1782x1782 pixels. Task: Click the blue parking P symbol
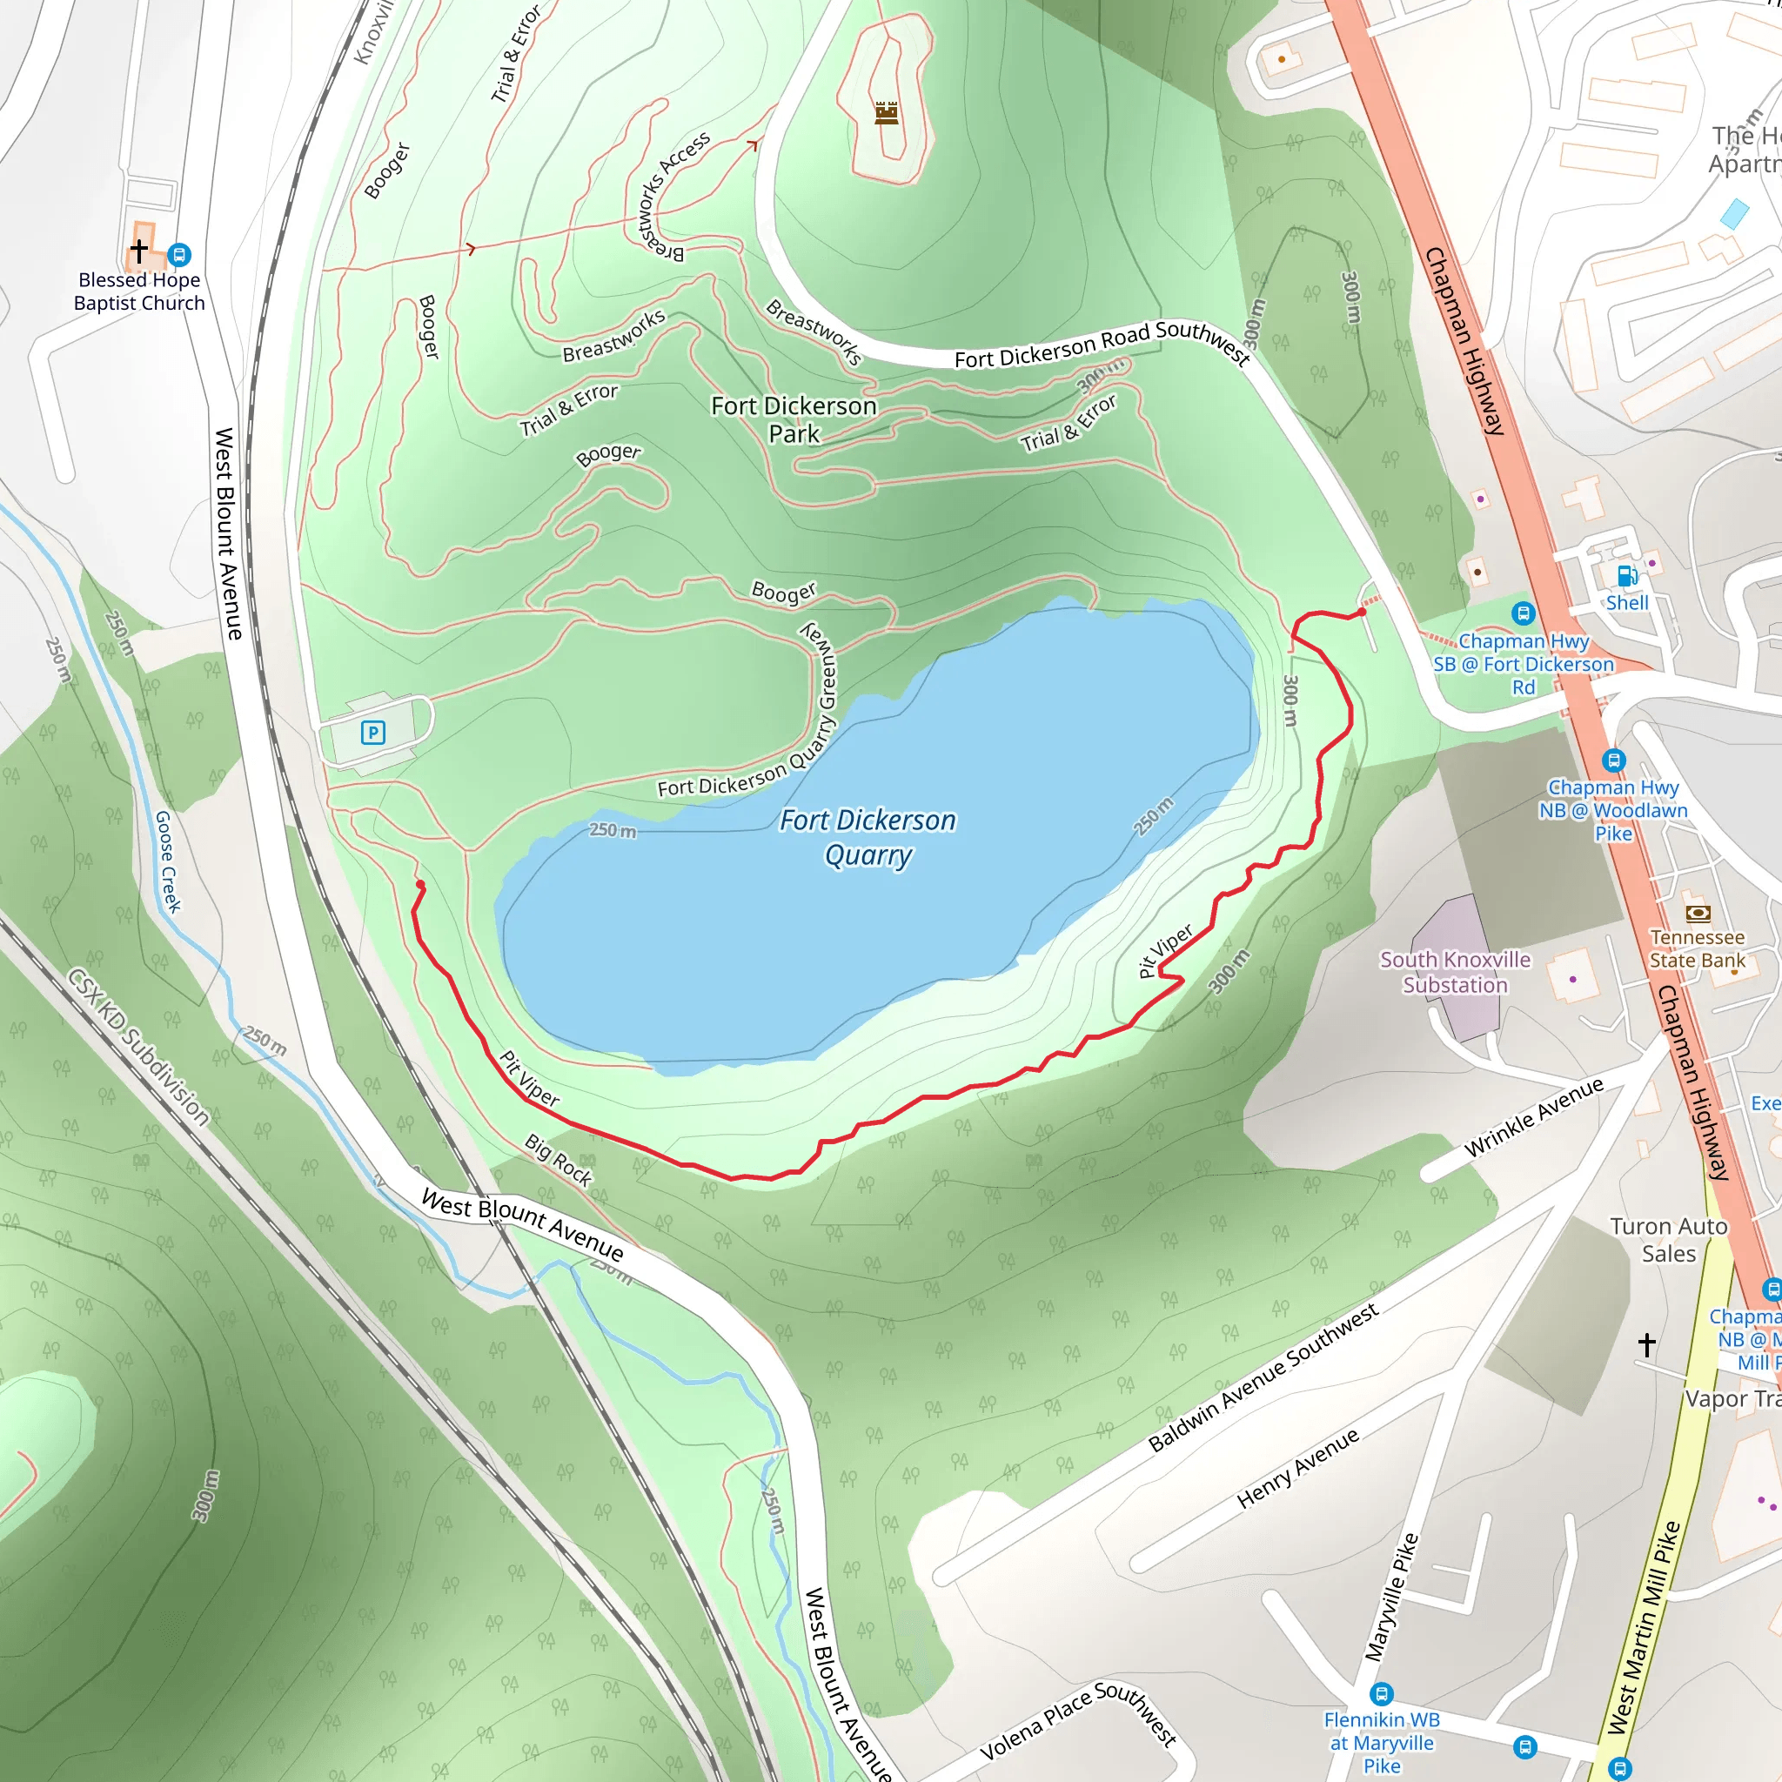pyautogui.click(x=372, y=733)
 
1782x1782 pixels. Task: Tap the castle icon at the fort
pyautogui.click(x=887, y=112)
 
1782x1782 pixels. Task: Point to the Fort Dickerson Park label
pyautogui.click(x=794, y=419)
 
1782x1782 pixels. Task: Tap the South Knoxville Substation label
pyautogui.click(x=1455, y=972)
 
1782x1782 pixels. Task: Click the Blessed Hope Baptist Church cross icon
pyautogui.click(x=139, y=250)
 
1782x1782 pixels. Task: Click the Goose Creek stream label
pyautogui.click(x=167, y=861)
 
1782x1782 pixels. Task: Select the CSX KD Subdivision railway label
pyautogui.click(x=139, y=1046)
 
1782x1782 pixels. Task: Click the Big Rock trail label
pyautogui.click(x=559, y=1159)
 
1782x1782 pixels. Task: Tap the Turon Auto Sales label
pyautogui.click(x=1668, y=1240)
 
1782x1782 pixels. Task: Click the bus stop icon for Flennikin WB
pyautogui.click(x=1381, y=1693)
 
